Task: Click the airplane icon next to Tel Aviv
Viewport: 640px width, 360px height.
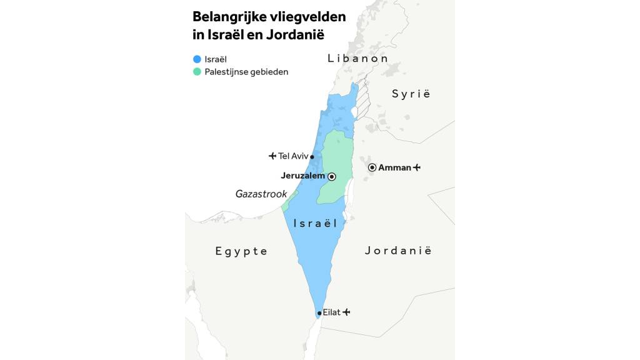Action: (272, 156)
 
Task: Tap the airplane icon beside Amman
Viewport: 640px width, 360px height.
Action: (417, 167)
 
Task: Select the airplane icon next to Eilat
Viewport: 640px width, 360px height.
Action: (346, 312)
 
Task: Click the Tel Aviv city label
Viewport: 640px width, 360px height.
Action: (293, 156)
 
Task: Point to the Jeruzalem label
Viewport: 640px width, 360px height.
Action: (302, 176)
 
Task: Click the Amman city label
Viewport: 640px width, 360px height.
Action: (394, 167)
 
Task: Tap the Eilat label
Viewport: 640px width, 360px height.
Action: (331, 312)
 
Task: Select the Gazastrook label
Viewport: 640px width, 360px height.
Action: (261, 194)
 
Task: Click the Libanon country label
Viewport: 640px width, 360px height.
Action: (357, 58)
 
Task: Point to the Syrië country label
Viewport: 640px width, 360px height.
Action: (411, 94)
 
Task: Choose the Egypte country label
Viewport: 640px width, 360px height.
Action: (241, 251)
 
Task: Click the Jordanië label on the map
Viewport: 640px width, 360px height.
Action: (398, 251)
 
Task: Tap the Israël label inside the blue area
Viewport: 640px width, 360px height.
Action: (315, 223)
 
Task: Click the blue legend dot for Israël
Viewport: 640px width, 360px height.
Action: (197, 59)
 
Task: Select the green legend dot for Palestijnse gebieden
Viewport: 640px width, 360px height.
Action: (197, 72)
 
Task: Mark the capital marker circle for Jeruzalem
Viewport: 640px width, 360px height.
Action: (332, 177)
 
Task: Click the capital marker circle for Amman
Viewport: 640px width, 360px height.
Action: (372, 167)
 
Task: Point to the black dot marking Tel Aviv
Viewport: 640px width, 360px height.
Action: (312, 157)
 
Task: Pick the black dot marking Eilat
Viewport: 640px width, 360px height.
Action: (319, 313)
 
